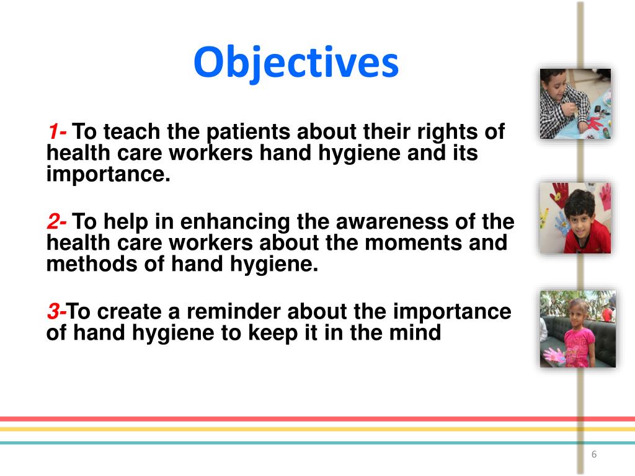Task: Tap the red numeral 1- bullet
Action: [x=58, y=133]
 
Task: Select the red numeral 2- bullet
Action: [x=58, y=222]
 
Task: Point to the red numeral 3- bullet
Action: [x=56, y=311]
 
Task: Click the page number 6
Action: [x=593, y=455]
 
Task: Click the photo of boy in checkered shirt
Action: [x=575, y=104]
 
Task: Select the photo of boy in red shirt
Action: [x=575, y=218]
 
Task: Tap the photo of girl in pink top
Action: [x=577, y=328]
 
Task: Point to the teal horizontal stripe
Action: [x=310, y=443]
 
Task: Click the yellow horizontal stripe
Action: [x=310, y=429]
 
